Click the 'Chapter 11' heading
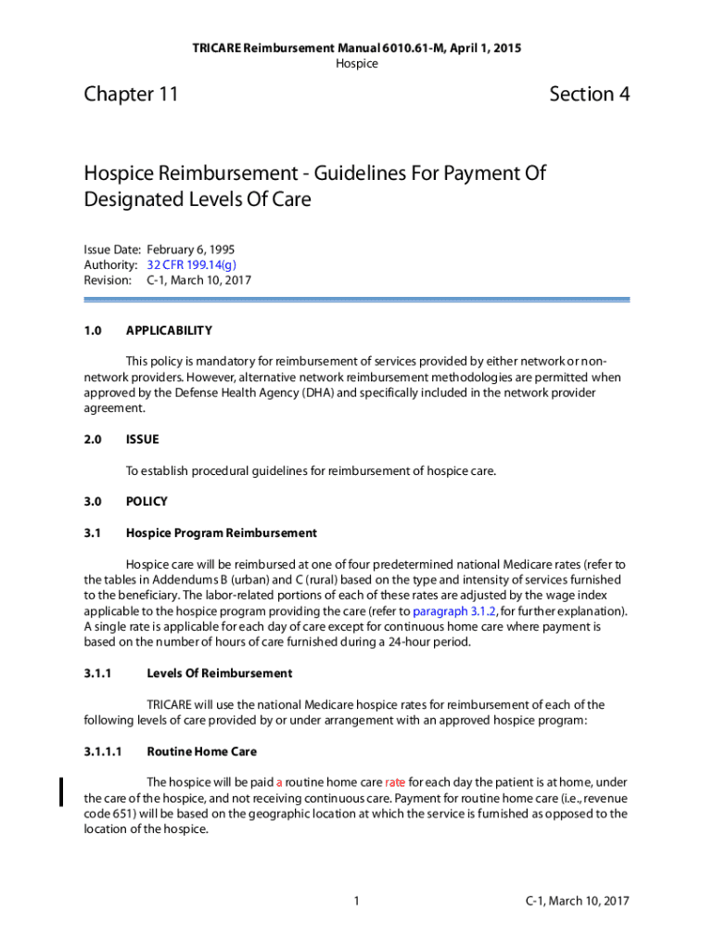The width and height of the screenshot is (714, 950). (x=131, y=95)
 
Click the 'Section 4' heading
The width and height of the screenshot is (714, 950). (x=589, y=95)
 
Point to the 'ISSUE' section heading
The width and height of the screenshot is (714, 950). (x=142, y=440)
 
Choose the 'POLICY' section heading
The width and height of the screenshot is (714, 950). (x=147, y=502)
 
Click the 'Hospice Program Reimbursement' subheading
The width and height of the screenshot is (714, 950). (x=221, y=533)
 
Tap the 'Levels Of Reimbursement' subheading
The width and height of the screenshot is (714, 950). (x=220, y=674)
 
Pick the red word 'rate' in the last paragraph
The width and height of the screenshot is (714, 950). (x=395, y=782)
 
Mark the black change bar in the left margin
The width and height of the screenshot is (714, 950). (x=62, y=790)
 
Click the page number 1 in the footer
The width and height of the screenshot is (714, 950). (x=356, y=900)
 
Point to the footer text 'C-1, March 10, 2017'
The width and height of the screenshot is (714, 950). (x=578, y=900)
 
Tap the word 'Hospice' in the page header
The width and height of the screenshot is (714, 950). (x=356, y=63)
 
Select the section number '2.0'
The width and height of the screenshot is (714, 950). (x=92, y=440)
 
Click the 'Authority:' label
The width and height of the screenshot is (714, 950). (x=110, y=264)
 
